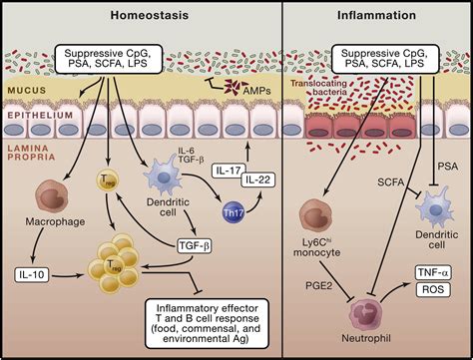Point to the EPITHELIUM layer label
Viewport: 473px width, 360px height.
[x=38, y=115]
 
